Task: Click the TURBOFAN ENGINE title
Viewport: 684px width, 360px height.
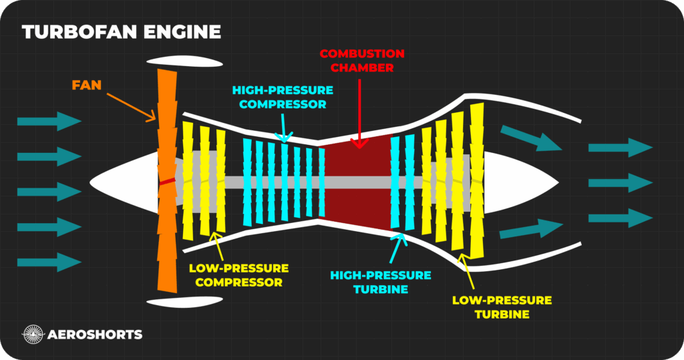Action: coord(121,31)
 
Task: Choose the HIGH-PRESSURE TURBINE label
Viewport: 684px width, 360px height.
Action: coord(381,282)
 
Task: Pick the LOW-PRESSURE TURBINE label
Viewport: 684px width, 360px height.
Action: coord(502,307)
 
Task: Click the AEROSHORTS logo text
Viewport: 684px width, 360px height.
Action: coord(94,334)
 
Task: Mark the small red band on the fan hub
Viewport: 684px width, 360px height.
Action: coord(167,181)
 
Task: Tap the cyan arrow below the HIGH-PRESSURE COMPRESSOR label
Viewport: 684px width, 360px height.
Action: coord(283,128)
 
